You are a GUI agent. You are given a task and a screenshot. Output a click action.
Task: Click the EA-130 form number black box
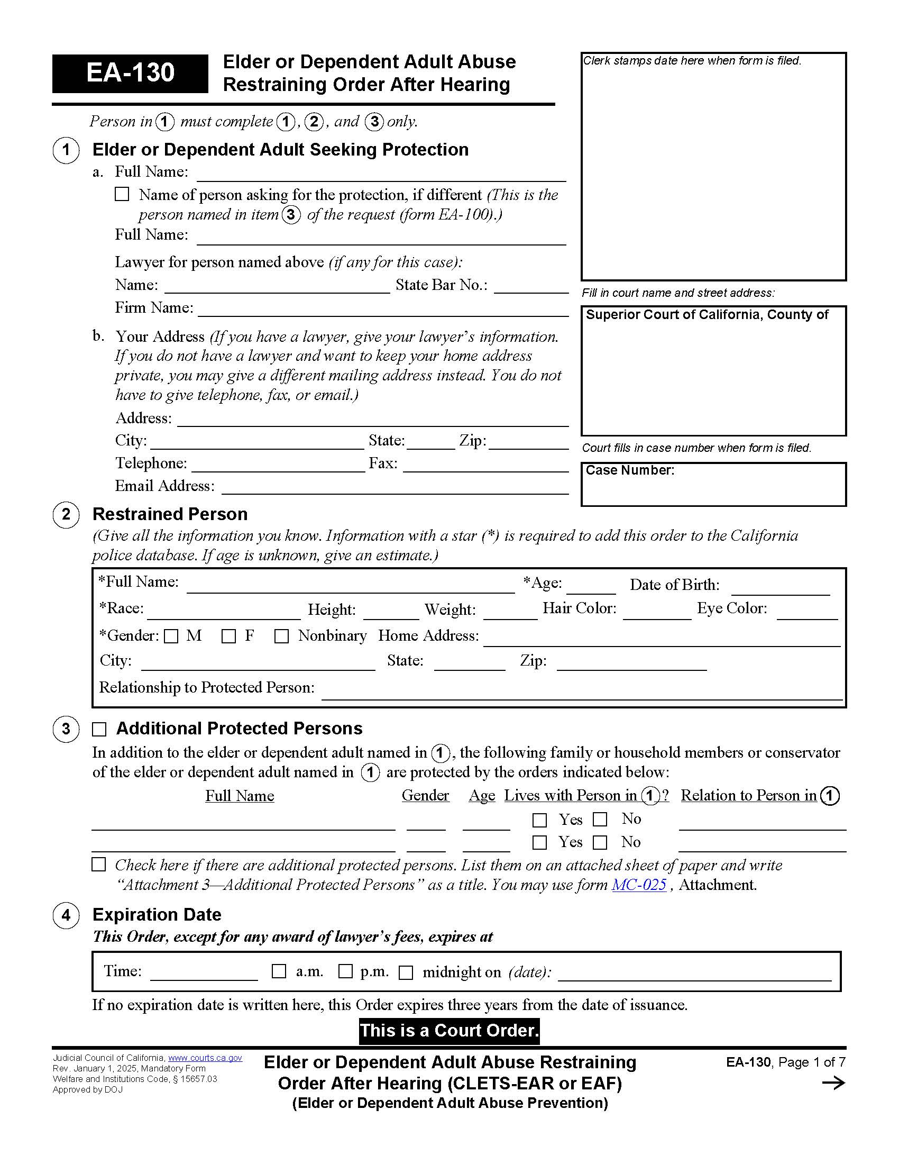click(130, 73)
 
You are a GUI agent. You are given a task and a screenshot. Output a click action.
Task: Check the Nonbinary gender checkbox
click(281, 636)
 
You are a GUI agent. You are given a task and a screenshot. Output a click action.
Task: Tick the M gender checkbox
click(171, 636)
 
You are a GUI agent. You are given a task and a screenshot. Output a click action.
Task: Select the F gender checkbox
click(228, 636)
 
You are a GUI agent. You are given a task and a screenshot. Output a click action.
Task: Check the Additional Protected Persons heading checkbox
click(99, 729)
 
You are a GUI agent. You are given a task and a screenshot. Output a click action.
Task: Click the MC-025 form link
click(639, 885)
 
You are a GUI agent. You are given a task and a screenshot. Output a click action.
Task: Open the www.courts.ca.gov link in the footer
click(205, 1058)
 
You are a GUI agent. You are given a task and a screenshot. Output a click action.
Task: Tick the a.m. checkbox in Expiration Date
click(279, 971)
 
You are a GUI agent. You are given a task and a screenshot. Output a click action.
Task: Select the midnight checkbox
click(406, 972)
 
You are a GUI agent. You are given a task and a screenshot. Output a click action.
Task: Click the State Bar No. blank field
click(531, 287)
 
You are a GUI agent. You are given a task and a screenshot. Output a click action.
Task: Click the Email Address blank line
click(395, 488)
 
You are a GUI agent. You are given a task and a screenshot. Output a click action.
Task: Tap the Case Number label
click(629, 470)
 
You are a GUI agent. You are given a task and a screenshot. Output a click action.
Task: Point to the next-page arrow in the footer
click(833, 1083)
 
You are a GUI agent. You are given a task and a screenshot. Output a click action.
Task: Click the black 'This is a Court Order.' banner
click(449, 1030)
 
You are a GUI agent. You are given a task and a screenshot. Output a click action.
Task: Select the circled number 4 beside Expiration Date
click(66, 915)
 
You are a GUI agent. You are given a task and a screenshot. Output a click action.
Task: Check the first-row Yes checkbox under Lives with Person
click(539, 820)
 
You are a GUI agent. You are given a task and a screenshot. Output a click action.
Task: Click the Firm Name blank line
click(383, 310)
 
